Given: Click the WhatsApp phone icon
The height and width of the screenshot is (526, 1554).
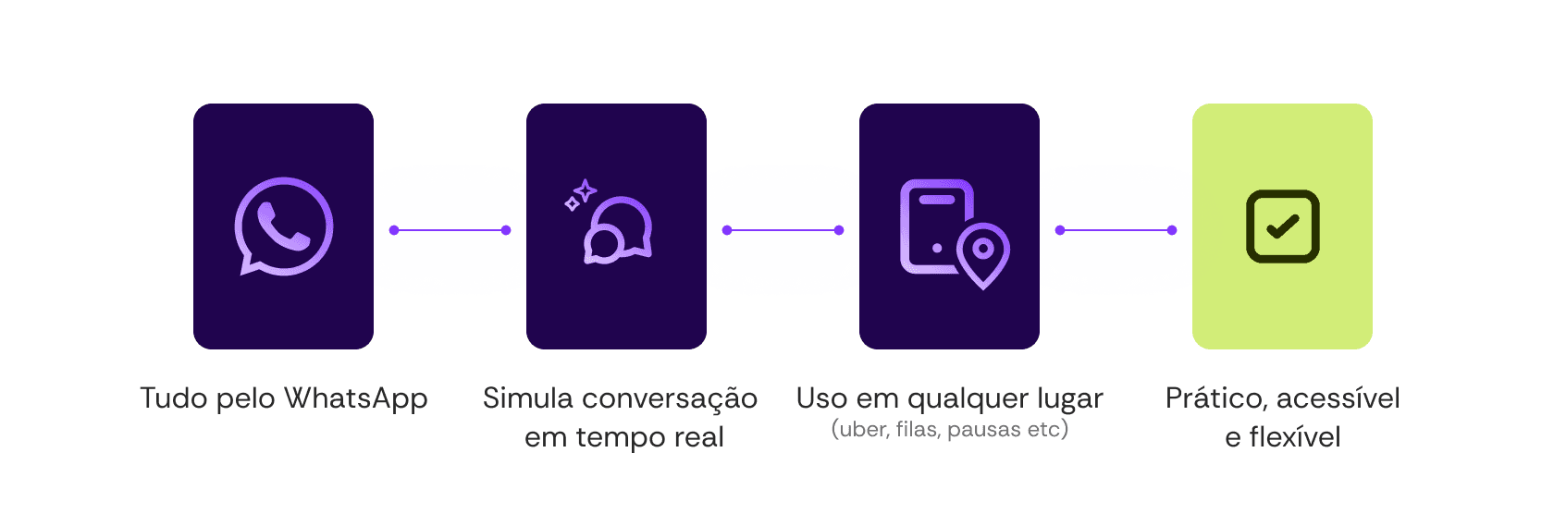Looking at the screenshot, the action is click(x=283, y=226).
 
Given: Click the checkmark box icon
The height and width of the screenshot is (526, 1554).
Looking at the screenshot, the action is click(x=1282, y=226).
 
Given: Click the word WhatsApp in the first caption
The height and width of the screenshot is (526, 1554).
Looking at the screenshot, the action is click(x=355, y=399).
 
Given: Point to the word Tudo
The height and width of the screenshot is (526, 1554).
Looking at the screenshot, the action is click(x=174, y=399).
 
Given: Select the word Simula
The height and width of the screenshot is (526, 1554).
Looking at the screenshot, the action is click(x=528, y=398).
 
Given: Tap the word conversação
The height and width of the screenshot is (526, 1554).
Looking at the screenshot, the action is click(x=670, y=399).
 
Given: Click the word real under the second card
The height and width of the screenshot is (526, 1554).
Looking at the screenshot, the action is click(x=698, y=437).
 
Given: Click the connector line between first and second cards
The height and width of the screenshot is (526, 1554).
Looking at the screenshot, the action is click(x=450, y=230).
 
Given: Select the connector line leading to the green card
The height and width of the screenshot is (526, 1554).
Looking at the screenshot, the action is click(x=1116, y=230).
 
